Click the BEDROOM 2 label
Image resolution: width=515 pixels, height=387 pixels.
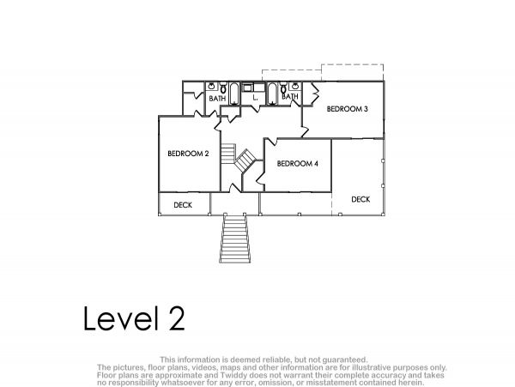coord(188,154)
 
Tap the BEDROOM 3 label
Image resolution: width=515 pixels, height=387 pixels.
coord(347,109)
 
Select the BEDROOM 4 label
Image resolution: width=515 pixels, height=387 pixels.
coord(298,163)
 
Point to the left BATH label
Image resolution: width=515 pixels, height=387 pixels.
coord(217,98)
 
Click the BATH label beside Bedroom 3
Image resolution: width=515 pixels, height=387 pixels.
coord(290,96)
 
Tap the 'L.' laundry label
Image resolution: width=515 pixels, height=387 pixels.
coord(255,98)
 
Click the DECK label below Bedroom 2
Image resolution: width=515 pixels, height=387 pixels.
coord(183,205)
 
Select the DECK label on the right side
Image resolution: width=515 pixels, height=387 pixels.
coord(360,199)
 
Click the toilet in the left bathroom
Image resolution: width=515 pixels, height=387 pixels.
coord(223,88)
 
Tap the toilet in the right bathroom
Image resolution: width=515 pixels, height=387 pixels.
coord(283,88)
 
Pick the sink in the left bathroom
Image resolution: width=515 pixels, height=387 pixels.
coord(212,87)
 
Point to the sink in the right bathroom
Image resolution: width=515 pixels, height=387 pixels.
coord(294,87)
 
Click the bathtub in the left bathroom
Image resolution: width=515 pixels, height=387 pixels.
coord(234,94)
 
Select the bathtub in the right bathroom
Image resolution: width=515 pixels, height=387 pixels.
coord(272,94)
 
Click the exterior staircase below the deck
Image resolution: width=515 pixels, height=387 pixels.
coord(235,238)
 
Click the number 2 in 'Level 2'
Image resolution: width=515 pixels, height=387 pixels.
coord(177,318)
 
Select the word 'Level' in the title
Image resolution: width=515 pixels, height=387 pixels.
coord(122,318)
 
